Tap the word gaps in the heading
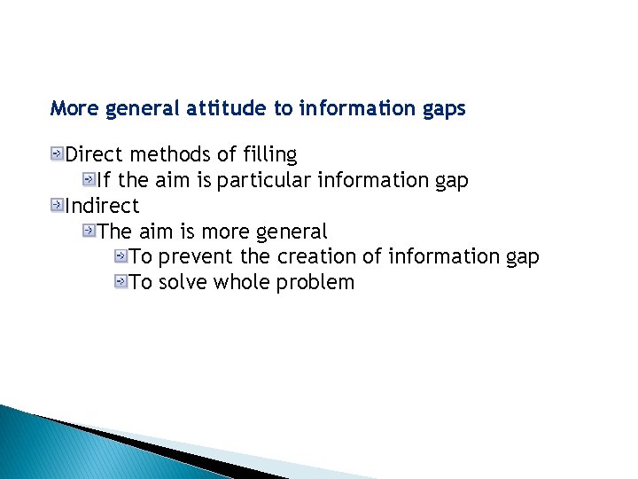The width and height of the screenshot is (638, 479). [441, 109]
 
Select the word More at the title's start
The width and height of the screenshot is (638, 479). [74, 109]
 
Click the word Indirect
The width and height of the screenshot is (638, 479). [103, 207]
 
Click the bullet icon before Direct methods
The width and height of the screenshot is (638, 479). [58, 155]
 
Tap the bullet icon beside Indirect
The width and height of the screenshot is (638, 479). [58, 207]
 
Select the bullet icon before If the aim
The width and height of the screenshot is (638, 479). [89, 181]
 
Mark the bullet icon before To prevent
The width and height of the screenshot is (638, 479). [121, 257]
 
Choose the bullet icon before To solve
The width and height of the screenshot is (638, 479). [121, 283]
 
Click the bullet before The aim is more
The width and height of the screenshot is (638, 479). [89, 232]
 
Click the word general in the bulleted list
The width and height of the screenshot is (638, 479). [292, 232]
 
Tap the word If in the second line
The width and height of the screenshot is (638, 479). [104, 181]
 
